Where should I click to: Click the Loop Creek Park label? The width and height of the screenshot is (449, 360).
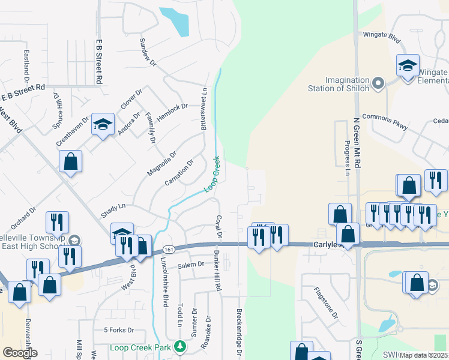click(141, 347)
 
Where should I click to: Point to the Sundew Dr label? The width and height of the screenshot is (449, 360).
click(148, 52)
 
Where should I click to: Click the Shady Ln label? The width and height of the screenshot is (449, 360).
click(113, 206)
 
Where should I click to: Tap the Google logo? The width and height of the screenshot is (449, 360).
click(19, 352)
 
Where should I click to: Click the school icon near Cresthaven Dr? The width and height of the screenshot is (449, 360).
click(103, 124)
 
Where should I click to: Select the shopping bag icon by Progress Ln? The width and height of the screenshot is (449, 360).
click(340, 213)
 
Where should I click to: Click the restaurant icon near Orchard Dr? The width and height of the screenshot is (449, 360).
click(58, 221)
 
